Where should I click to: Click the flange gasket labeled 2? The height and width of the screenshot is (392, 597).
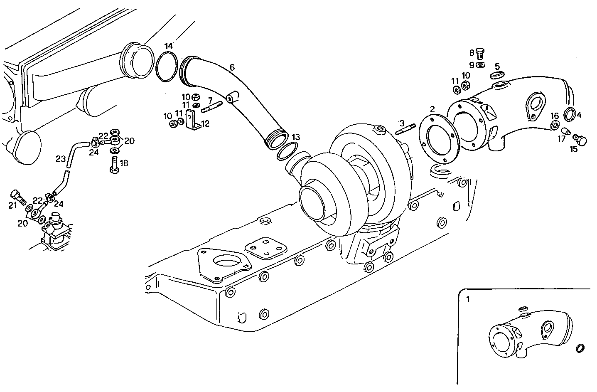click(438, 137)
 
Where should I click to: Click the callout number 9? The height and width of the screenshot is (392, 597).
click(472, 65)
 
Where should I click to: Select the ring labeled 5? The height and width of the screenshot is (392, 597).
click(497, 75)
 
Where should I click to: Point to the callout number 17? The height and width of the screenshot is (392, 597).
click(562, 139)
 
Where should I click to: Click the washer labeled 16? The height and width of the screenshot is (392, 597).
click(554, 126)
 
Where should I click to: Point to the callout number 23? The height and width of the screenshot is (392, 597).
click(61, 158)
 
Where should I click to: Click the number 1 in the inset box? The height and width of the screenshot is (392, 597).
click(468, 299)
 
